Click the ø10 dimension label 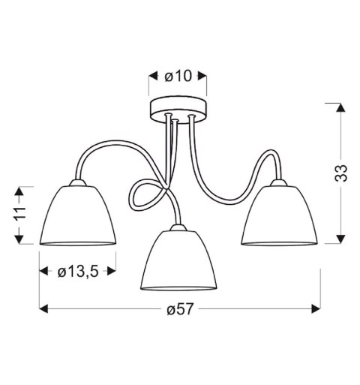click(178, 76)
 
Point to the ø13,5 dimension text click(78, 271)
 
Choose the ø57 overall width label click(179, 309)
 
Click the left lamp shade click(77, 218)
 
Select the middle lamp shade click(179, 261)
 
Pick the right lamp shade click(281, 218)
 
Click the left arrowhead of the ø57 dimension click(43, 309)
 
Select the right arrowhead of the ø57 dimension click(316, 309)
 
